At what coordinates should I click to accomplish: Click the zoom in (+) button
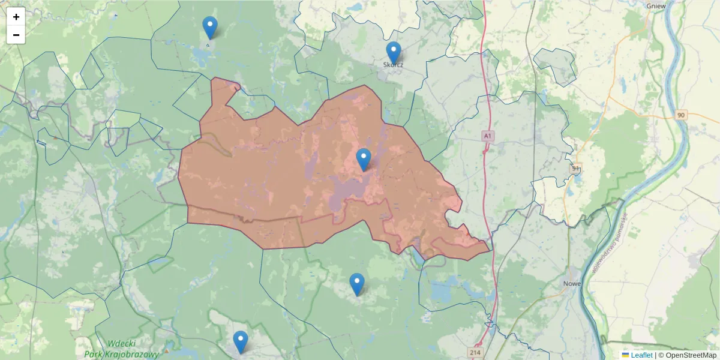tap(16, 17)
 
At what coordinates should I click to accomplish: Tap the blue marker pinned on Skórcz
tap(394, 53)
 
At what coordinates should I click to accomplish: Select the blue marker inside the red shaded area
tap(364, 159)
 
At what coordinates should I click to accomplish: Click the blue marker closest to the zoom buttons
tap(210, 28)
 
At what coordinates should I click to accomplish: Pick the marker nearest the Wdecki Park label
tap(241, 342)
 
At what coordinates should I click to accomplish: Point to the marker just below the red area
tap(357, 284)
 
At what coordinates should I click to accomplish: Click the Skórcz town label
tap(393, 65)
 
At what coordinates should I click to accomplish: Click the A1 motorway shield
tap(488, 137)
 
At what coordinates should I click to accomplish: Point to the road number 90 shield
tap(680, 115)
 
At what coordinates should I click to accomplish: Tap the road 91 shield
tap(577, 168)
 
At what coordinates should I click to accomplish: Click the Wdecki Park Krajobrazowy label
tap(122, 349)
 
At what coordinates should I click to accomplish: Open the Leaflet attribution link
tap(641, 355)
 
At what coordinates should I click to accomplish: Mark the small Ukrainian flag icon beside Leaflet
tap(625, 355)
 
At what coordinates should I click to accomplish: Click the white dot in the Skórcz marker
tap(394, 49)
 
